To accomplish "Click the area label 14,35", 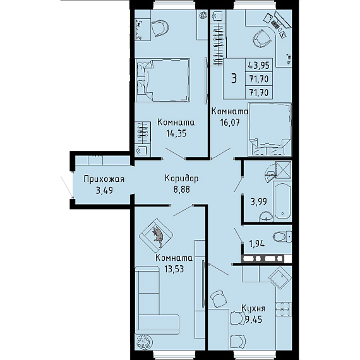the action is tap(176, 134).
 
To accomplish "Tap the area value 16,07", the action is tap(230, 123).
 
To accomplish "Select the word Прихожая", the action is tap(104, 179).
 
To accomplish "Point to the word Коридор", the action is tap(182, 179).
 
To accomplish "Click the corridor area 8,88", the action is tap(182, 189).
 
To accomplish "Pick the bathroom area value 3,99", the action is tap(258, 202).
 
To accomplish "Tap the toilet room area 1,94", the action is tap(257, 244).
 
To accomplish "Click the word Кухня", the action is tap(253, 309).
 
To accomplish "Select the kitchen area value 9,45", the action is tap(254, 320).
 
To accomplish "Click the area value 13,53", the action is tap(174, 269).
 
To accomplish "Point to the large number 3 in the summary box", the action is tap(234, 78).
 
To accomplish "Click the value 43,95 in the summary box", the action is tap(259, 66).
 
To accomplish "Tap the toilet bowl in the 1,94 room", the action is tap(282, 236).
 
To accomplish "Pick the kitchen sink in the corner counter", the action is tap(280, 277).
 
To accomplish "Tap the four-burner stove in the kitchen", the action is tap(284, 309).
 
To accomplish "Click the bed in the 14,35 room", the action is tap(162, 80).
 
